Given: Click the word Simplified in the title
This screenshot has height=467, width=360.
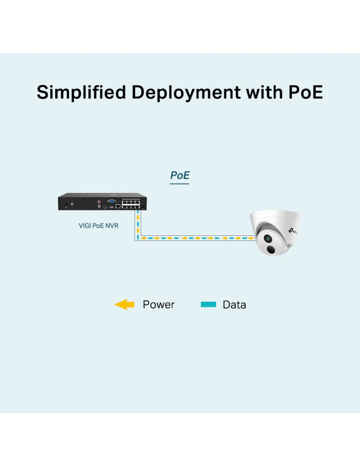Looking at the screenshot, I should [x=81, y=92].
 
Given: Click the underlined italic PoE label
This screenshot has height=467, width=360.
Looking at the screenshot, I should [x=180, y=176].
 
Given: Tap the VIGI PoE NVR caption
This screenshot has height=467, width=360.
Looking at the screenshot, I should [x=99, y=226].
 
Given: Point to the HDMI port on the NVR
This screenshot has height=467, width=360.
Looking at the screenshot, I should [x=105, y=206].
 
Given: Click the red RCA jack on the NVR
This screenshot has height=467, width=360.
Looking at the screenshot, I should [x=99, y=202].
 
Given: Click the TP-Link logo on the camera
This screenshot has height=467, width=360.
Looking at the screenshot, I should [x=294, y=230].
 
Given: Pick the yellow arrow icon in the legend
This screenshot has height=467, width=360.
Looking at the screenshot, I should [x=124, y=305].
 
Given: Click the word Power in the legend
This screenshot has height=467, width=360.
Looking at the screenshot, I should [x=158, y=305].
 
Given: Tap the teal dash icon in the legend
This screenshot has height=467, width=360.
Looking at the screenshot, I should [x=208, y=305].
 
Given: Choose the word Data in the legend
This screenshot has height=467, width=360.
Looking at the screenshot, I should [x=234, y=305].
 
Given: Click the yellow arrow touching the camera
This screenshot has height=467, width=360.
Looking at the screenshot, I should [x=251, y=238].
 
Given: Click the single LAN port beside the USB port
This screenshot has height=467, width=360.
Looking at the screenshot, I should [x=118, y=205].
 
